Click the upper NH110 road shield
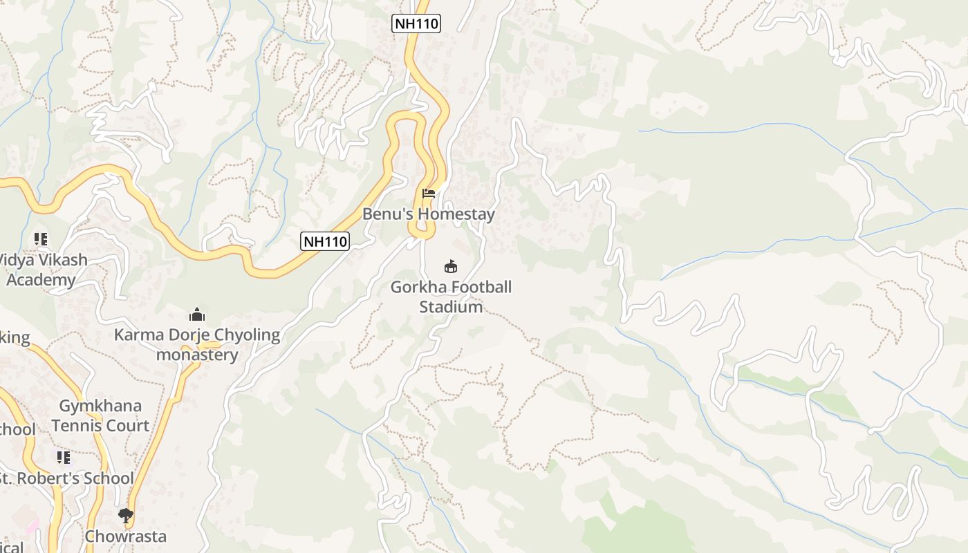416,24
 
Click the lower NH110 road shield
326,241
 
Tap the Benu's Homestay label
429,214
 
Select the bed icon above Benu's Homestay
429,194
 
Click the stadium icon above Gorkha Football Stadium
451,266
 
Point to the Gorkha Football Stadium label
451,297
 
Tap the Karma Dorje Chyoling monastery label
197,345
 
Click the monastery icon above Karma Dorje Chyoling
197,315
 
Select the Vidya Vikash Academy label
42,270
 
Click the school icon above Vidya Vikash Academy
41,239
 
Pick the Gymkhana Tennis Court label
100,415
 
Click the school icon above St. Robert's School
64,457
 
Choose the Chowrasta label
126,536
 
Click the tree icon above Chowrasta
126,515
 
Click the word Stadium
451,307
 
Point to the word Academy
41,280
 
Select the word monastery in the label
197,355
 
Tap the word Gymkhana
100,406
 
